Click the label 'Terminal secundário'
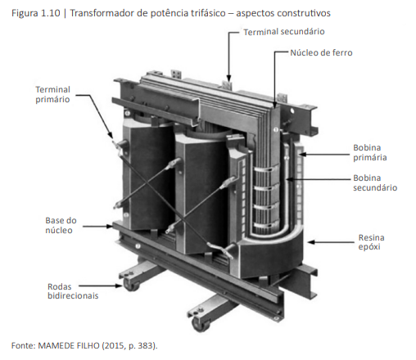pyautogui.click(x=284, y=32)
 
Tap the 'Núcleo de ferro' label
pyautogui.click(x=321, y=52)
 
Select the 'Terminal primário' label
pyautogui.click(x=52, y=94)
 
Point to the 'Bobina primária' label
pyautogui.click(x=370, y=152)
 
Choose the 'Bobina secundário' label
pyautogui.click(x=375, y=182)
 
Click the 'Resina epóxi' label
pyautogui.click(x=371, y=242)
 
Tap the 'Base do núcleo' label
pyautogui.click(x=61, y=225)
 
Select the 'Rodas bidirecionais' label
pyautogui.click(x=73, y=291)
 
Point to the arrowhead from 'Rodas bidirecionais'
pyautogui.click(x=119, y=286)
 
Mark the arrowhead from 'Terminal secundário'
pyautogui.click(x=228, y=79)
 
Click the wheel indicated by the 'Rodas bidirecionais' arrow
pyautogui.click(x=130, y=286)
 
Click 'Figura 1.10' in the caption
pyautogui.click(x=36, y=13)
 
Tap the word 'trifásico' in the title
pyautogui.click(x=208, y=13)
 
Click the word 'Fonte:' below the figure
pyautogui.click(x=24, y=345)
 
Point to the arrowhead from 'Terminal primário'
pyautogui.click(x=111, y=134)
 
